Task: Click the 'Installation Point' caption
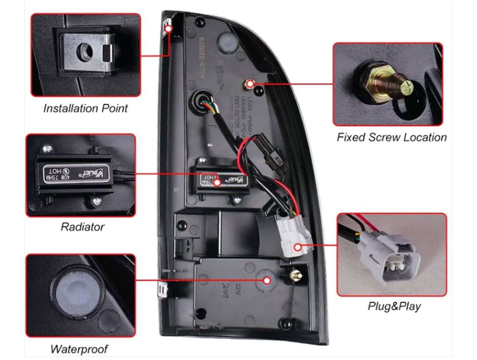pos(85,108)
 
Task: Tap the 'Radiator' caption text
pos(82,227)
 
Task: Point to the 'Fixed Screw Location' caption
pos(392,137)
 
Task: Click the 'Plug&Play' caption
pos(394,306)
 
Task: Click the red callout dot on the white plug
pos(298,247)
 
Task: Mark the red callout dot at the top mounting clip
pos(168,29)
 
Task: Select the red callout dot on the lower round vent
pos(267,280)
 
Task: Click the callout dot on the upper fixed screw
pos(250,83)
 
